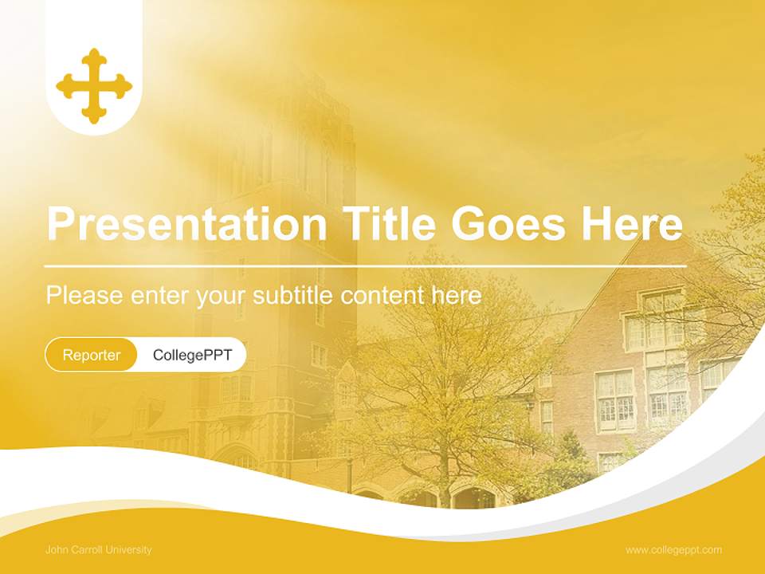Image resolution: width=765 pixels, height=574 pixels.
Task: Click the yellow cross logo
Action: [x=94, y=85]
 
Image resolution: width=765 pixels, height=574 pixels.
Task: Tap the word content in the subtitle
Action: [x=382, y=296]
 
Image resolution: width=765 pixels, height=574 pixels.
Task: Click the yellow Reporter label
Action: [x=91, y=355]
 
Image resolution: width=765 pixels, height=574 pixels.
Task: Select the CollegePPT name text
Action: [x=192, y=355]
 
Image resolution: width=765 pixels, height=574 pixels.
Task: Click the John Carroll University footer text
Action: [x=99, y=549]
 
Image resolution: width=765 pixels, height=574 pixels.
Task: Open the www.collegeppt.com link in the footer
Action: [x=673, y=549]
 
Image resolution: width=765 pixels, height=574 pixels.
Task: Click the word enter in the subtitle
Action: [x=159, y=296]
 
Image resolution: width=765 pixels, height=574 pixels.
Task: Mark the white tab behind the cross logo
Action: [x=94, y=24]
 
